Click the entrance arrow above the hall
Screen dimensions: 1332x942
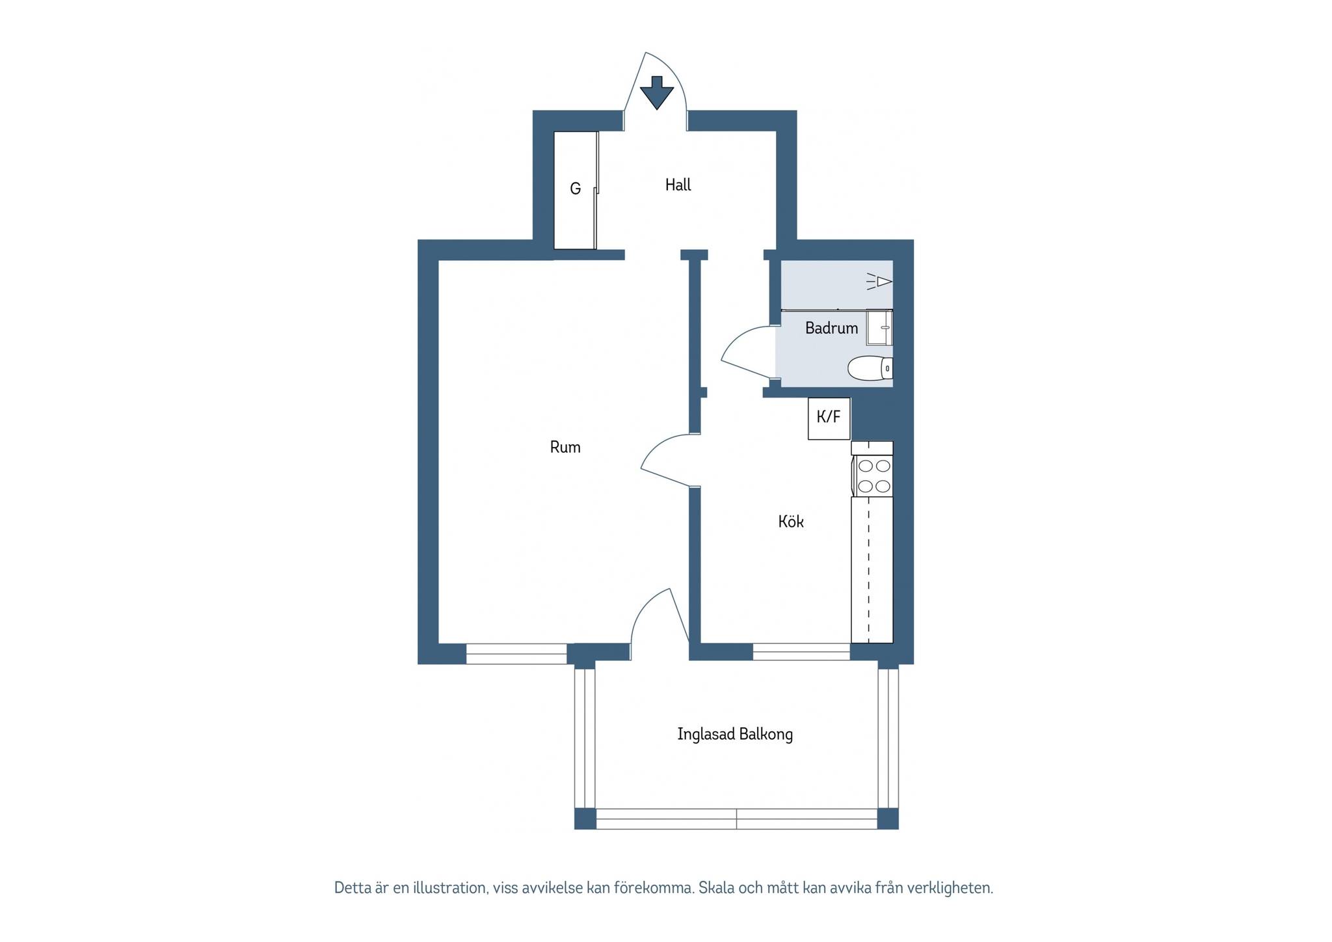coord(656,92)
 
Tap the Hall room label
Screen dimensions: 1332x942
coord(678,185)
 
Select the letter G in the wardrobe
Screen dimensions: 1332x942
coord(575,189)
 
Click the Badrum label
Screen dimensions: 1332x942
coord(831,328)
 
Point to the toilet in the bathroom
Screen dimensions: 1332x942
coord(870,368)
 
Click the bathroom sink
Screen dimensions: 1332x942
coord(879,327)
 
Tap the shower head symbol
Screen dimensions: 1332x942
coord(880,281)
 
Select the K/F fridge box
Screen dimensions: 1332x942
coord(829,418)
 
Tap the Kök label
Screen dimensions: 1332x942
coord(791,522)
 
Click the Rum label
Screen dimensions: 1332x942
coord(565,447)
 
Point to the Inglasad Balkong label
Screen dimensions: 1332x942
coord(735,734)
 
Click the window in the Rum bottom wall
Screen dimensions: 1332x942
coord(516,654)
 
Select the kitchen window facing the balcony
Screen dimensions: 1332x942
coord(801,652)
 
